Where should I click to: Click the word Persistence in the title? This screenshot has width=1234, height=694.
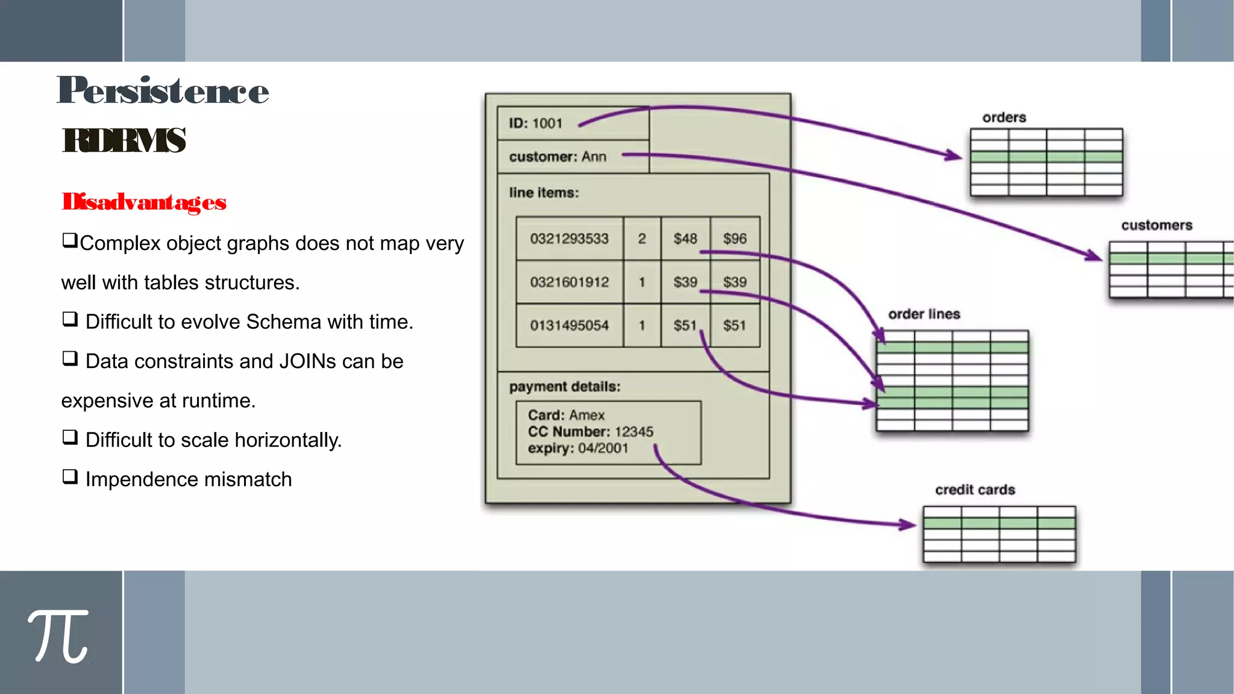163,91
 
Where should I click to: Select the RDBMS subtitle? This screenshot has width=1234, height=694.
124,140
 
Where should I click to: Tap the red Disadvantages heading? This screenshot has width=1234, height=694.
144,202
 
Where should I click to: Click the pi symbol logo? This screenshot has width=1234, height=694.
58,636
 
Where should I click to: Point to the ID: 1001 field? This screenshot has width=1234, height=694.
535,123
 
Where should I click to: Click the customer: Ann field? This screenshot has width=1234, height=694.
557,157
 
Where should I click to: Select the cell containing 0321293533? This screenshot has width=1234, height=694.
569,239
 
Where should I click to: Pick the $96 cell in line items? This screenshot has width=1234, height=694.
734,239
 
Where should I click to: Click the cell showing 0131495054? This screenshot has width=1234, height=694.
569,326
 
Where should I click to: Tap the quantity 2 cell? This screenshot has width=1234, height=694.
642,239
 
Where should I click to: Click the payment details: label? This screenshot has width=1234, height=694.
565,387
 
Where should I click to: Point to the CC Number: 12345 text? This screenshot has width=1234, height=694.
590,432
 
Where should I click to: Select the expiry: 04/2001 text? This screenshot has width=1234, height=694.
578,448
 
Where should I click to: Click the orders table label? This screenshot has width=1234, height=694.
1004,117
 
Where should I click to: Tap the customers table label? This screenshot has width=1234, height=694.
1156,225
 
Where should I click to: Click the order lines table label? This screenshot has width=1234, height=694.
924,314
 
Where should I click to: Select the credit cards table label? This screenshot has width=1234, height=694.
974,490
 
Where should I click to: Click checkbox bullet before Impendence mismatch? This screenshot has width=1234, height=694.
70,477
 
